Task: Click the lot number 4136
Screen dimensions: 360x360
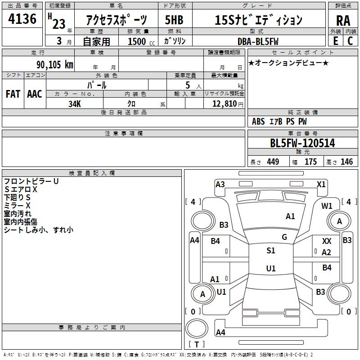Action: (x=22, y=18)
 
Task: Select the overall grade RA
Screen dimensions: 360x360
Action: (x=343, y=21)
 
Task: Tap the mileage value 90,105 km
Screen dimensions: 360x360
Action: (x=54, y=64)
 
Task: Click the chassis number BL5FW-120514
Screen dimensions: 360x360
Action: (x=302, y=143)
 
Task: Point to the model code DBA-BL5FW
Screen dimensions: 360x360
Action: (x=258, y=41)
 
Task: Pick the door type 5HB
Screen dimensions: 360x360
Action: (x=174, y=20)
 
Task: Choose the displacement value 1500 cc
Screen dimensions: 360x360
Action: (x=141, y=41)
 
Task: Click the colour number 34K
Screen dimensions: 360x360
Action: (x=75, y=104)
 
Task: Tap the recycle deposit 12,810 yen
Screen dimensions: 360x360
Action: (x=228, y=104)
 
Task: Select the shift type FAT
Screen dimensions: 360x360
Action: (x=13, y=94)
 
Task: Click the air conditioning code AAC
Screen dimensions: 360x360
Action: (x=35, y=94)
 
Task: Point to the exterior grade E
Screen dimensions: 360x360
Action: (x=335, y=41)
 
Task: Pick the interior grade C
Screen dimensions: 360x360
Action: (x=350, y=41)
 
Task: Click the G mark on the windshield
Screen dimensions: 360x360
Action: (x=284, y=237)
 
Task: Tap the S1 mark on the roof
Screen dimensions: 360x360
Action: (x=271, y=251)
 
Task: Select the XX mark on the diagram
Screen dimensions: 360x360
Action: (x=327, y=241)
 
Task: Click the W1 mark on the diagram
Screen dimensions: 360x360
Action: (x=327, y=206)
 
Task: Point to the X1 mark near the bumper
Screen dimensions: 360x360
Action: (x=321, y=184)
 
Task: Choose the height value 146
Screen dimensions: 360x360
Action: (x=346, y=162)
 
